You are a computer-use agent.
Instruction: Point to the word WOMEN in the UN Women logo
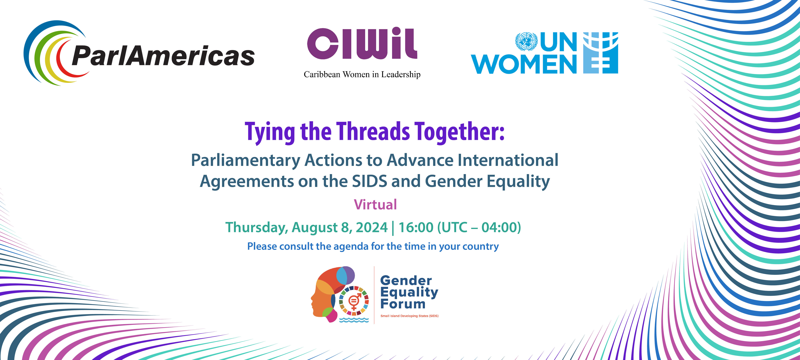524,64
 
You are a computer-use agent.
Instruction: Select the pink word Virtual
376,205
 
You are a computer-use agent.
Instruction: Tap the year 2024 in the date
372,227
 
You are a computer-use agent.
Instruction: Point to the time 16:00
416,227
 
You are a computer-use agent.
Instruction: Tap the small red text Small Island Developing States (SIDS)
409,316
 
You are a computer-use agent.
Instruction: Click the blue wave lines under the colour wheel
354,320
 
